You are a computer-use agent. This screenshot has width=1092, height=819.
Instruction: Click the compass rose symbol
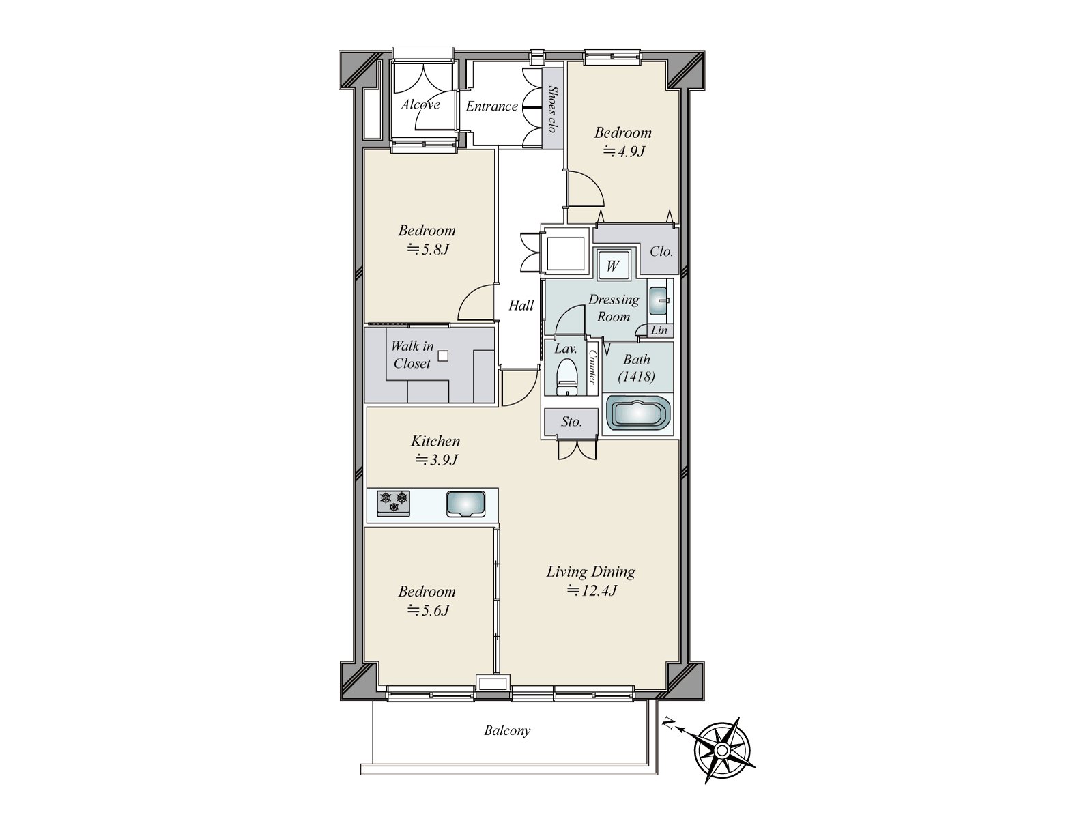pos(722,749)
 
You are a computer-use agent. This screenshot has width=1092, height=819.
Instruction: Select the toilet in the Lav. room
pos(566,377)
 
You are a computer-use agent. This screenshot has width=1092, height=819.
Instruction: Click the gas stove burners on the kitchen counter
pos(394,504)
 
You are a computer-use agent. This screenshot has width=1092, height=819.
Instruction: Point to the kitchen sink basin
pos(465,504)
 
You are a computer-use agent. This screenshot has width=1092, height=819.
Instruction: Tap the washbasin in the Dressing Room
pos(659,300)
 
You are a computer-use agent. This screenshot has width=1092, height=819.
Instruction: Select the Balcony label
pos(507,730)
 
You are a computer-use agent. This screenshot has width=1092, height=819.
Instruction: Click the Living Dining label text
pos(591,573)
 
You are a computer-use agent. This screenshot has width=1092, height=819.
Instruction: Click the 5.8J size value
pos(428,249)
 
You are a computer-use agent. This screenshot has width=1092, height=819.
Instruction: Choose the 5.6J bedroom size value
pos(428,610)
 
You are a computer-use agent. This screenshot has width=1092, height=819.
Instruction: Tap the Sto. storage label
pos(571,422)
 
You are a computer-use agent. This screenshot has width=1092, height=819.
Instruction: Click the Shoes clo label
pos(551,109)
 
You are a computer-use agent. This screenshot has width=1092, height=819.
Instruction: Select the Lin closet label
pos(659,330)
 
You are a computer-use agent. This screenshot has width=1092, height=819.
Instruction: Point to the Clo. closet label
pos(661,252)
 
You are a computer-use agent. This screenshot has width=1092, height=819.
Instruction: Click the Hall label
pos(521,306)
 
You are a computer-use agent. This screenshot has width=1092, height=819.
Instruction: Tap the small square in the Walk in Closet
pos(443,356)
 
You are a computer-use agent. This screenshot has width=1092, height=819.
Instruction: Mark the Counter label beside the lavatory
pos(592,368)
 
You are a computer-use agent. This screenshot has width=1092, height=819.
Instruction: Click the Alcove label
pos(421,105)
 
